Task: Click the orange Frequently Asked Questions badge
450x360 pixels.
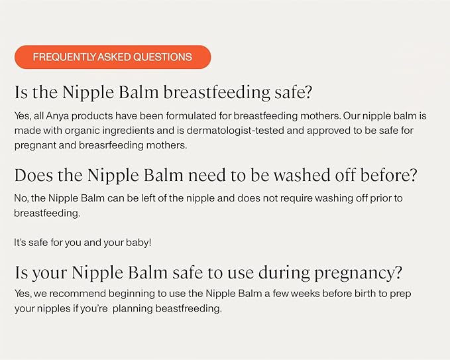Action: (x=113, y=57)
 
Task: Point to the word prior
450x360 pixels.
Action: (x=380, y=198)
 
